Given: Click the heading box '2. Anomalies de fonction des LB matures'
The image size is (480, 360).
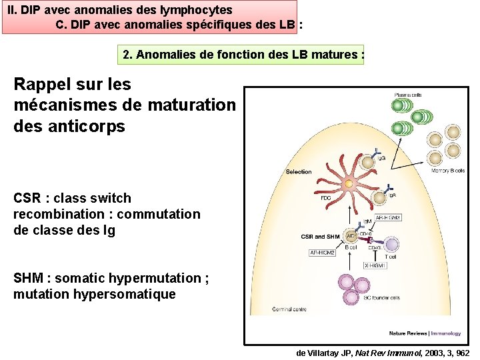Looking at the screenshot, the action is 243,55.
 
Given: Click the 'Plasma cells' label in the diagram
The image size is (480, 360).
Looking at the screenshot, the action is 407,94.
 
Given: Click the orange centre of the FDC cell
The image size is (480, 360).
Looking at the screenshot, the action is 347,183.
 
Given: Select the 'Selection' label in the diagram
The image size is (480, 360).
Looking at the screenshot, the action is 298,172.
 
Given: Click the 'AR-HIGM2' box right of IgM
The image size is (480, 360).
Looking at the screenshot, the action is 388,218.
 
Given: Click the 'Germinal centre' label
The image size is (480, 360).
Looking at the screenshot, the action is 289,310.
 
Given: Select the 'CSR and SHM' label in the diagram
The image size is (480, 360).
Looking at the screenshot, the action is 320,236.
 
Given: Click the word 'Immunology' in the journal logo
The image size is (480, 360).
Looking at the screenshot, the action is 447,333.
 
